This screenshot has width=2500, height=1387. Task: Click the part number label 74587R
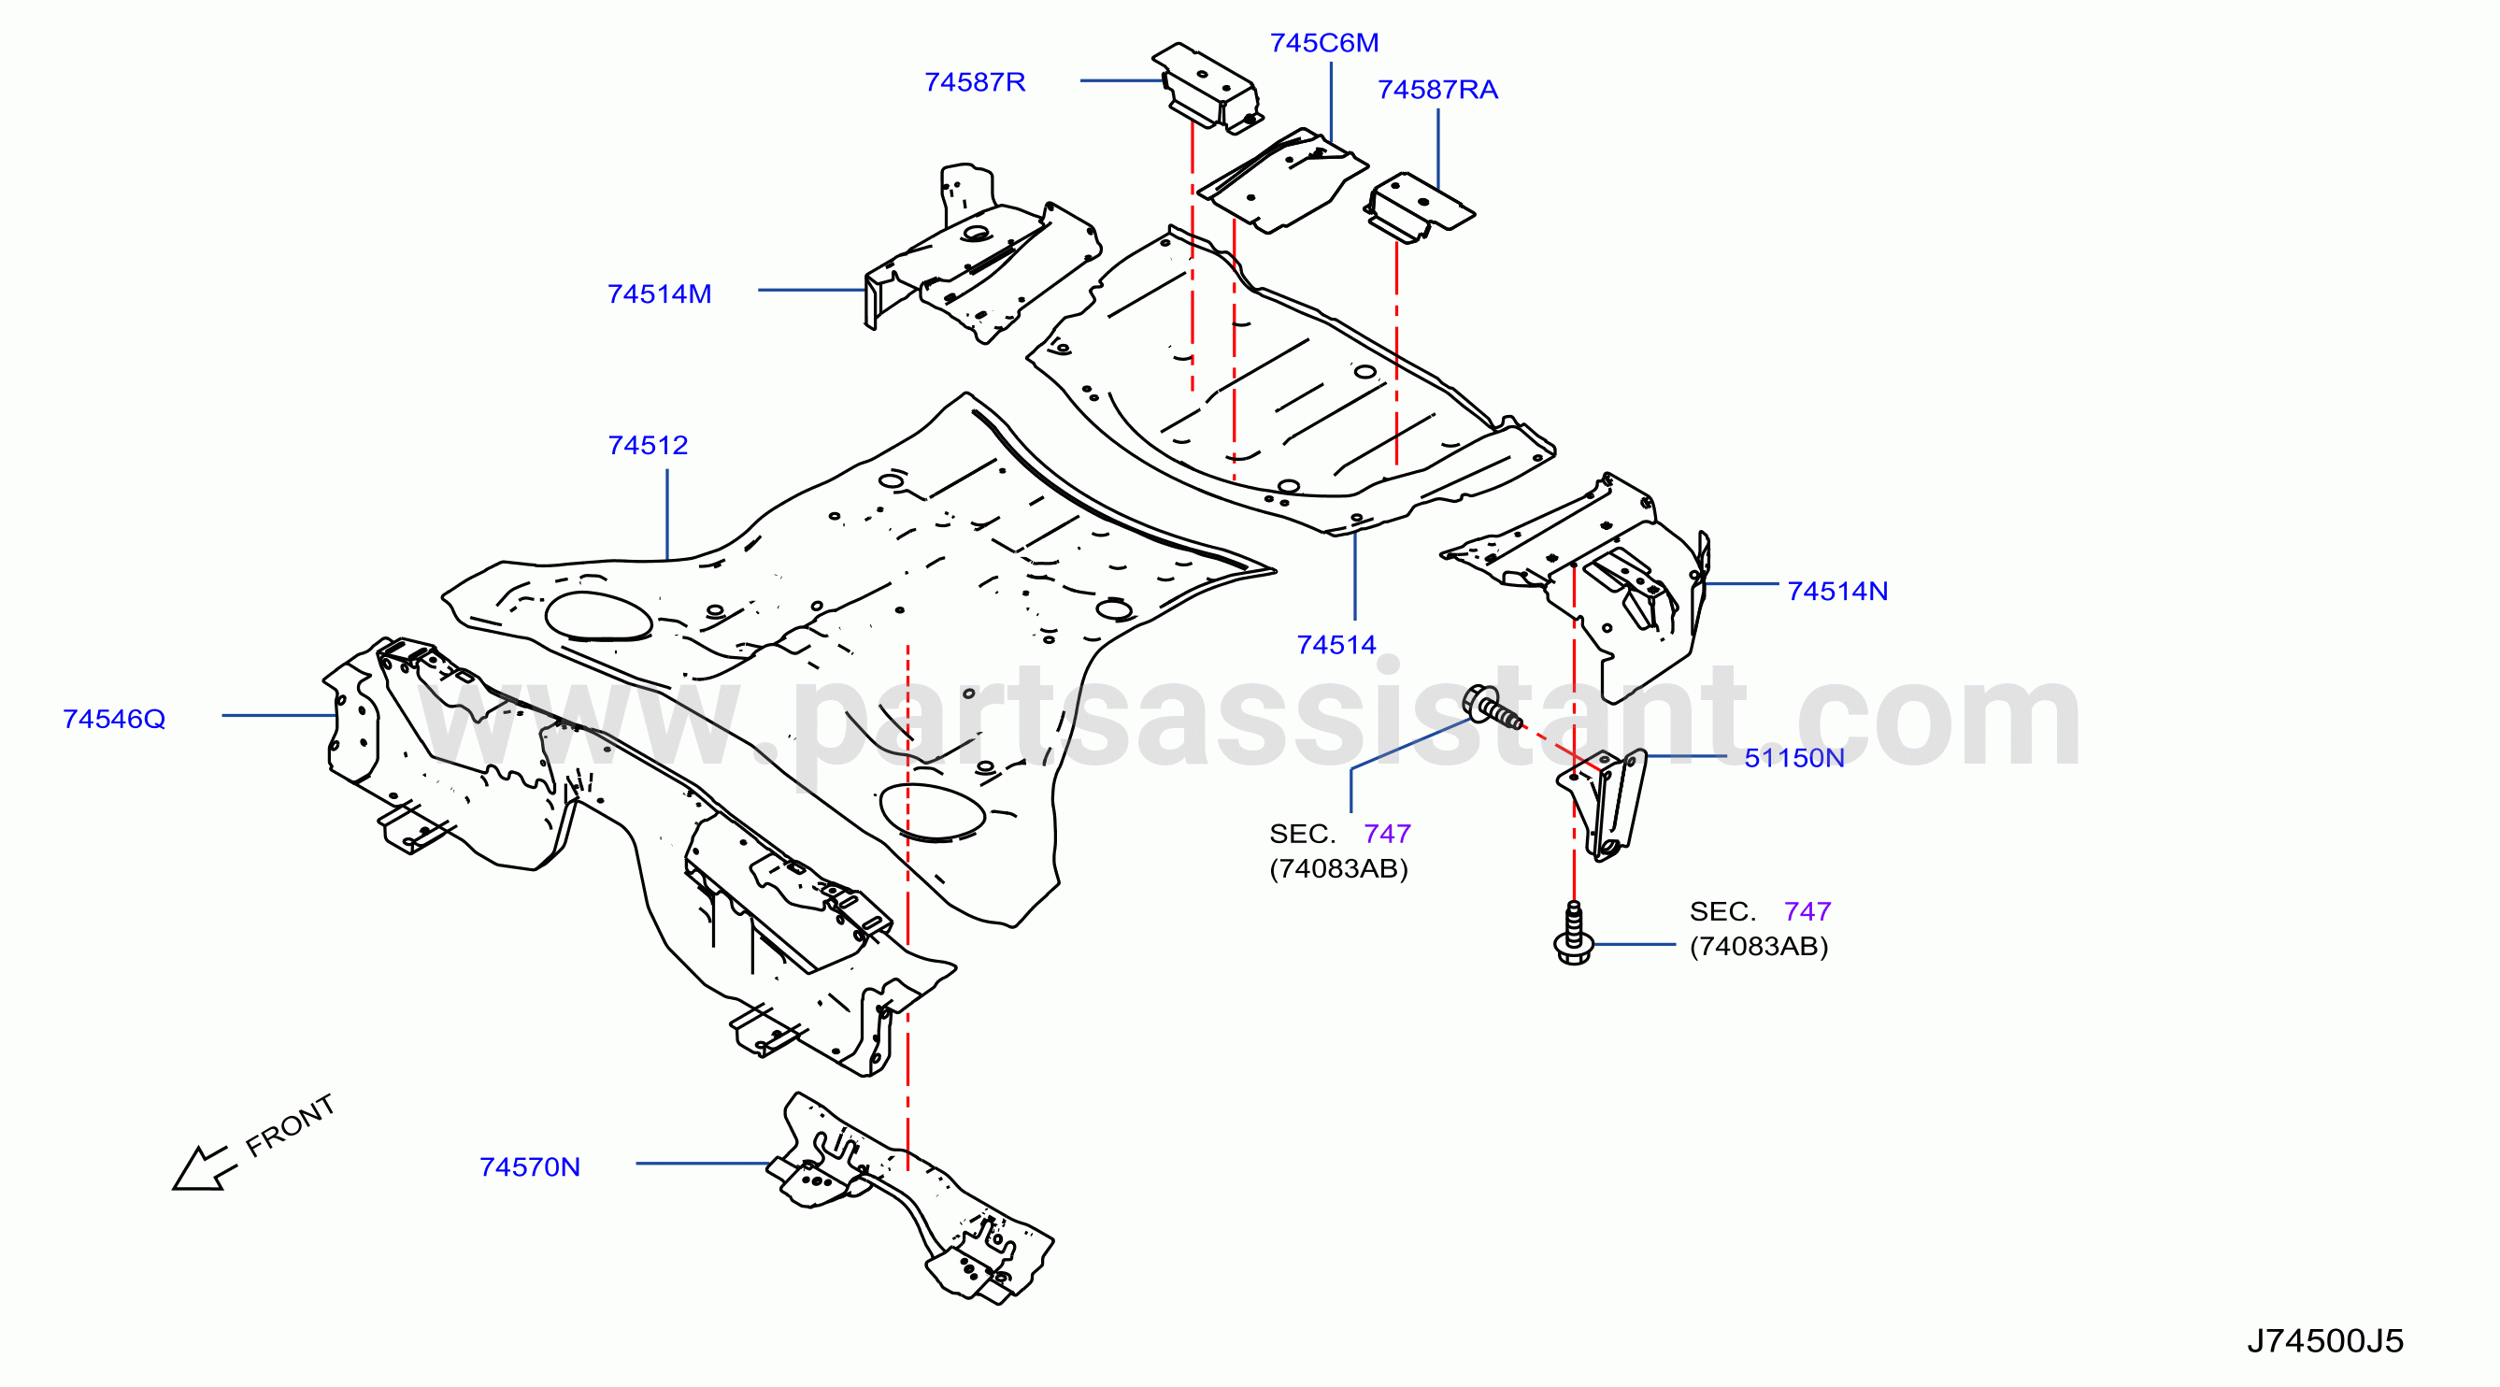(975, 81)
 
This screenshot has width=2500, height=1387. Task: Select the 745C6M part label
(1323, 43)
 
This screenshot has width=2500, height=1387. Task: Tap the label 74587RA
(1437, 90)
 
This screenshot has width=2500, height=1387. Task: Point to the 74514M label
(659, 293)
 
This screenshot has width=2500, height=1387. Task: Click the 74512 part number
(648, 445)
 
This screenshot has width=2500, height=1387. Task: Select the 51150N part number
(1793, 757)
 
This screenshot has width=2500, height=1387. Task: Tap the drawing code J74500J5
(2324, 1340)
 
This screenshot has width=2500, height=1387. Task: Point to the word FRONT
(290, 1126)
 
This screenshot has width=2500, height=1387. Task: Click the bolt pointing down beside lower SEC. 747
(1573, 934)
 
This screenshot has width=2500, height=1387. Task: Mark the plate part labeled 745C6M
(1283, 181)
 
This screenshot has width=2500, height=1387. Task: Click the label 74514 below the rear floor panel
(1336, 645)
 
